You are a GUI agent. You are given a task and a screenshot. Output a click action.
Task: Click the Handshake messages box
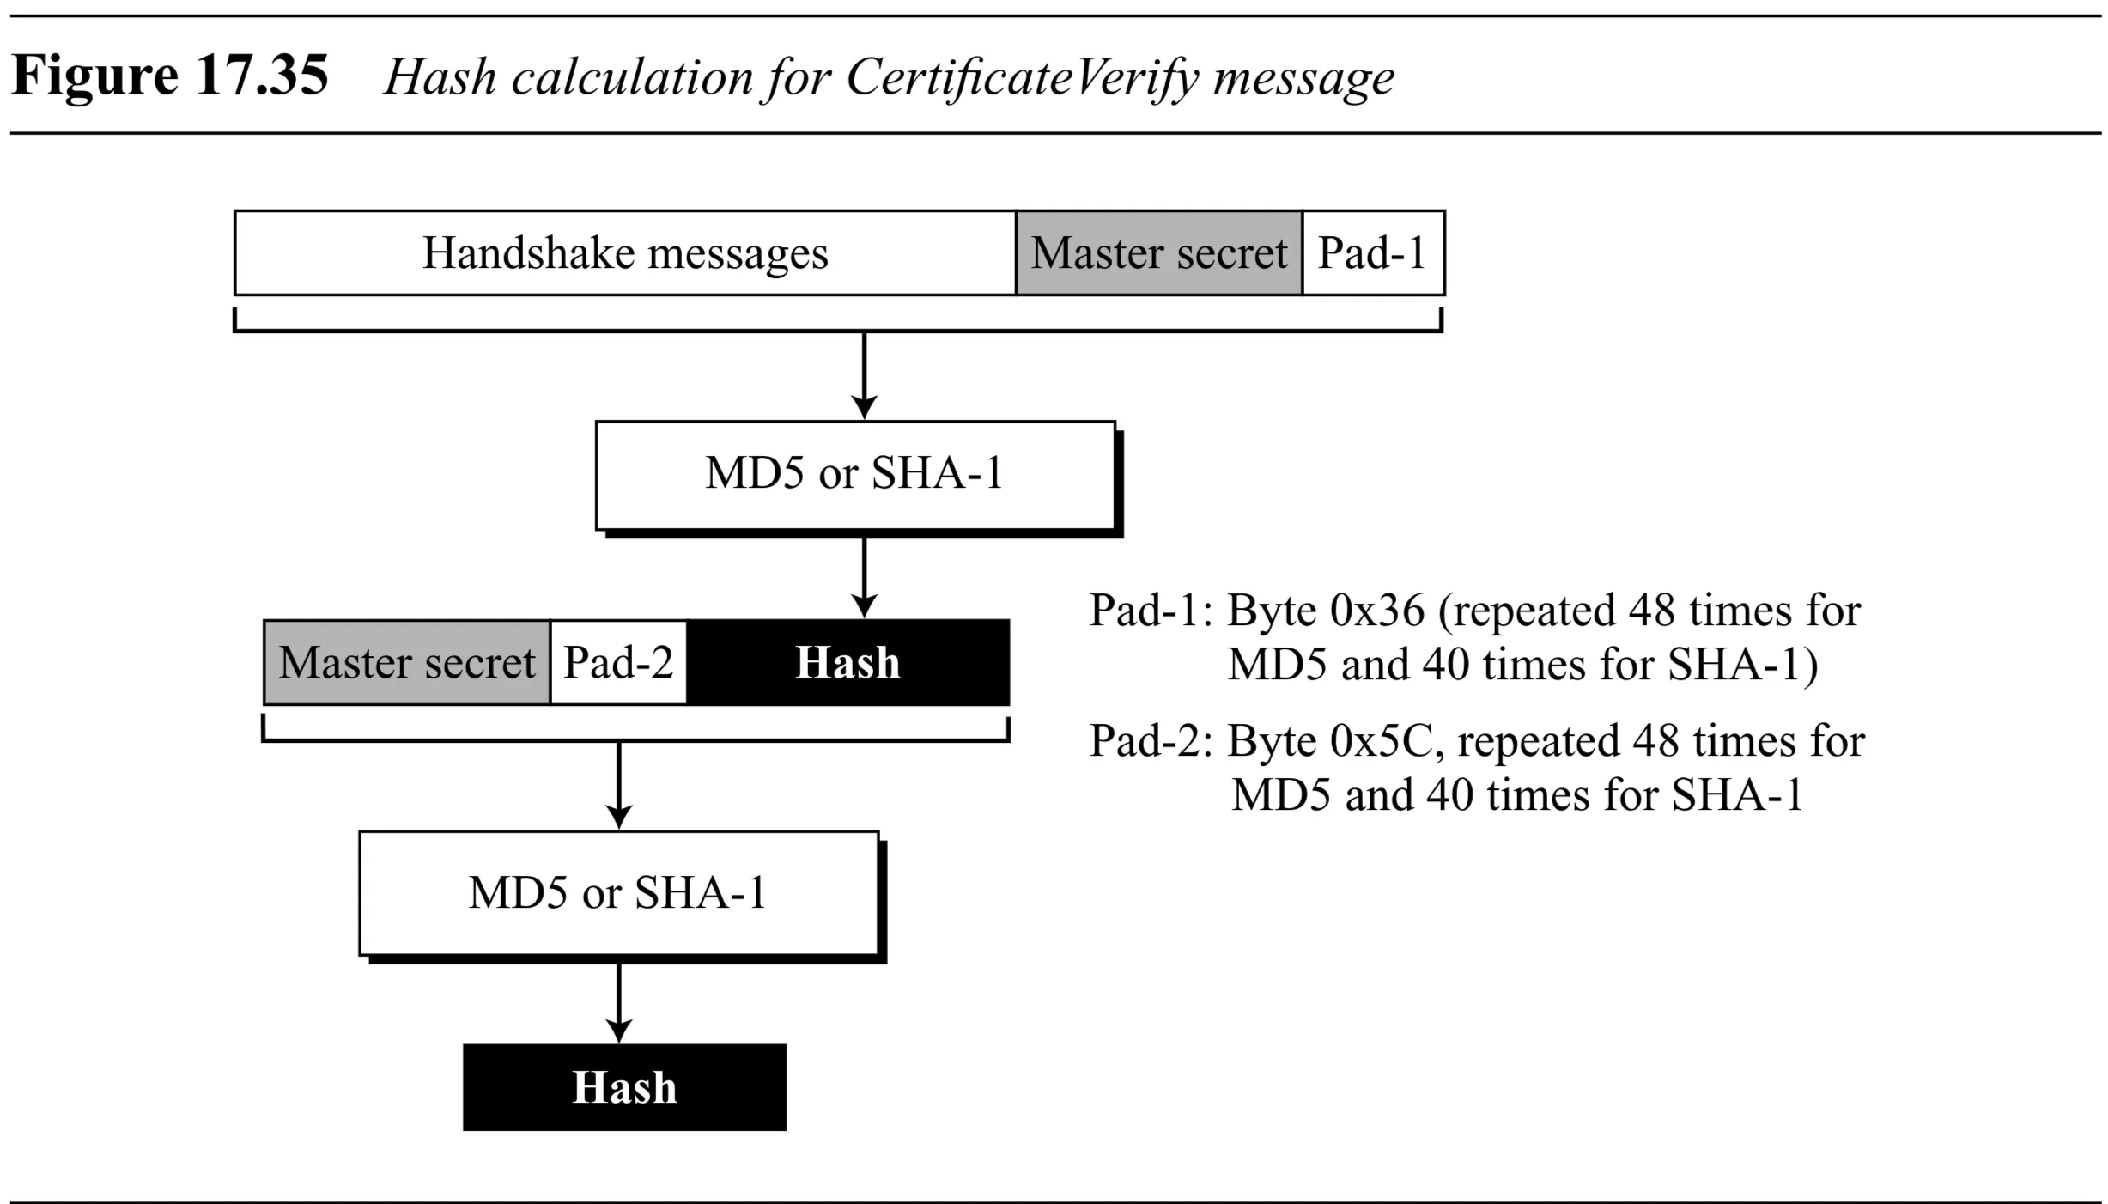[x=625, y=253]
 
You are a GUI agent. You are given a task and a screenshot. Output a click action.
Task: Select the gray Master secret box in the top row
[x=1159, y=253]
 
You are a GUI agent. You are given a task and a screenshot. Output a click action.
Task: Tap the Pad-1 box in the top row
[x=1372, y=253]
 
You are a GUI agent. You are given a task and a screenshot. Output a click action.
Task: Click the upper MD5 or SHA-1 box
[x=855, y=474]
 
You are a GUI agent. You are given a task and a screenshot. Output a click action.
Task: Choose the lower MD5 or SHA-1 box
[x=618, y=893]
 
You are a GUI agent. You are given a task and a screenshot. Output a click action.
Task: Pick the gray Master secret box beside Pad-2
[x=407, y=662]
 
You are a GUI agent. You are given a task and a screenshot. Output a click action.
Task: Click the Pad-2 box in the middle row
[x=618, y=662]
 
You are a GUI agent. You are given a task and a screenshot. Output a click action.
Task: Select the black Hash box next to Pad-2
[x=848, y=662]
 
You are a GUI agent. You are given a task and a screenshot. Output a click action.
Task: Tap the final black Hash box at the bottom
[x=624, y=1087]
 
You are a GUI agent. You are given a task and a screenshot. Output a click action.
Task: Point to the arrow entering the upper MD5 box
[x=864, y=378]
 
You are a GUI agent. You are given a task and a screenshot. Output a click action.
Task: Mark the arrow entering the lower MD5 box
[x=619, y=787]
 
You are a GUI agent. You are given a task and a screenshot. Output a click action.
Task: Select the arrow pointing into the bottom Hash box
[x=619, y=1001]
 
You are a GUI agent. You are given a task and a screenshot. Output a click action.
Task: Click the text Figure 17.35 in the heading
[x=170, y=76]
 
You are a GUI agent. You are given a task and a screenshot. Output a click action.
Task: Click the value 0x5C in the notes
[x=1382, y=741]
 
